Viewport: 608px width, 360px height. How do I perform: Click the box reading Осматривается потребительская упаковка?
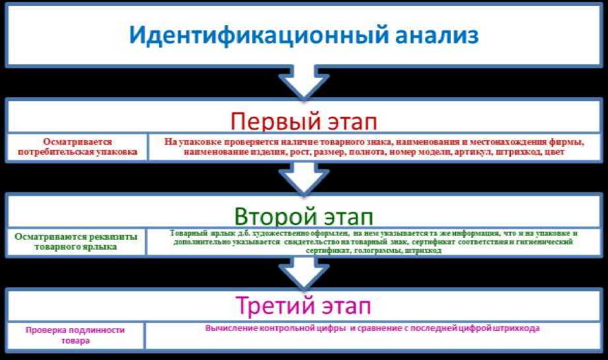click(x=77, y=147)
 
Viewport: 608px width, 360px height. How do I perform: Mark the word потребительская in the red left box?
click(x=77, y=151)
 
